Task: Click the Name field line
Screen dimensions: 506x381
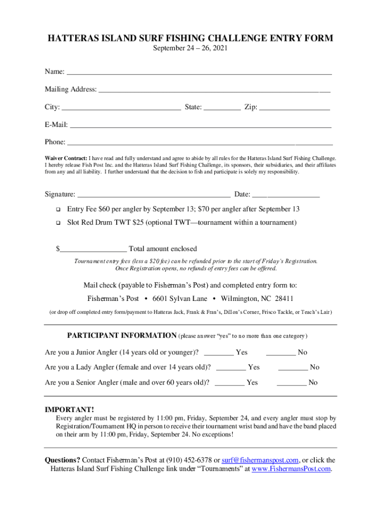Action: coord(199,73)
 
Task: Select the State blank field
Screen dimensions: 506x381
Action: coord(222,108)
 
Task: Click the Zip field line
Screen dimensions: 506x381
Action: coord(294,108)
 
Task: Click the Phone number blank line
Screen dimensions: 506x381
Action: coord(199,143)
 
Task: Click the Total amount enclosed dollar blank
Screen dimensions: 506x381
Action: coord(93,250)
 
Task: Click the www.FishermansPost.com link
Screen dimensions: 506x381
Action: coord(291,469)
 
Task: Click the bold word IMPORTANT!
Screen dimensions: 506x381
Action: coord(69,410)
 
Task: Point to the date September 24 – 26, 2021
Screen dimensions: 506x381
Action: coord(190,48)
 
